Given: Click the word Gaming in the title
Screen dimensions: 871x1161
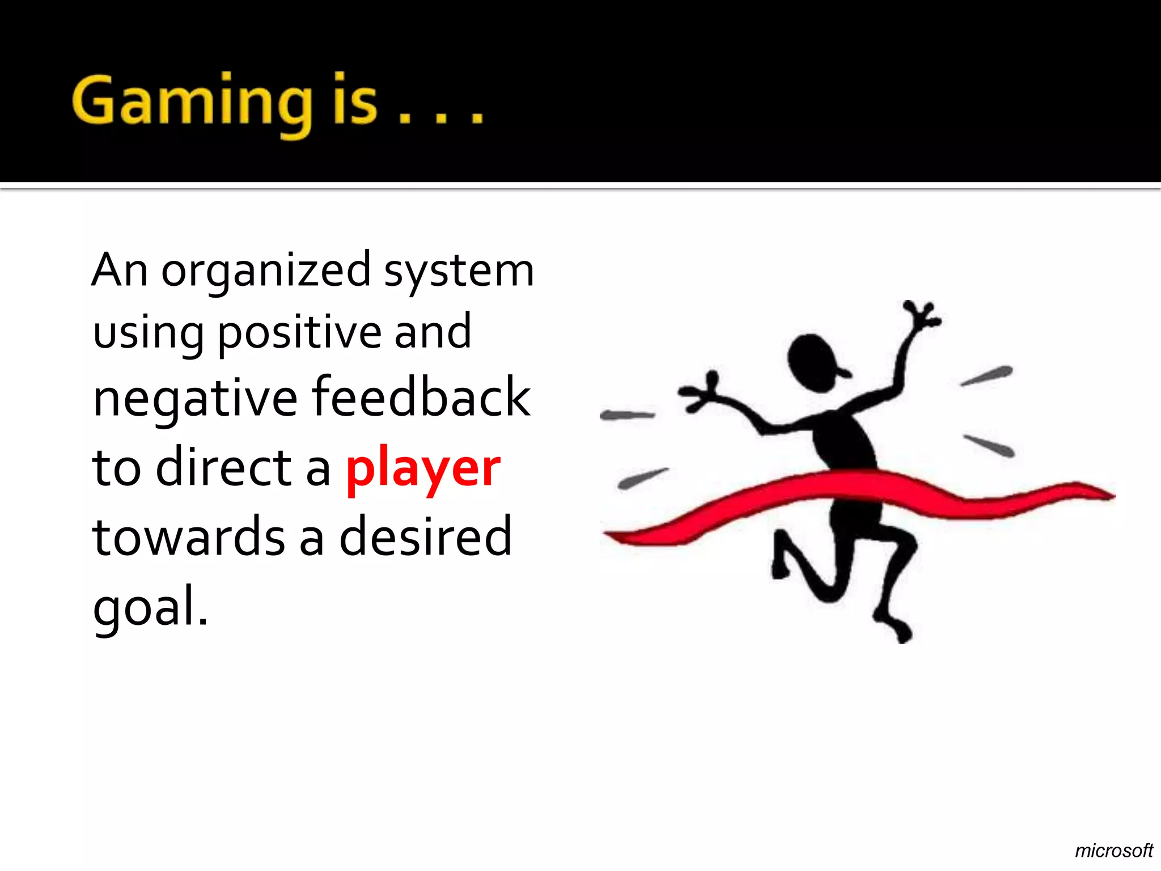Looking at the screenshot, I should tap(192, 102).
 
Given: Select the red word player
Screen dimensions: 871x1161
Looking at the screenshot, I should tap(423, 470).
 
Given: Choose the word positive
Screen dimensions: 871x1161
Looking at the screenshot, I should tap(300, 333).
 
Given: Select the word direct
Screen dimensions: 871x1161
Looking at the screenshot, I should tap(223, 468).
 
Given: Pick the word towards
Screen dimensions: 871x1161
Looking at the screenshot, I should tap(189, 537).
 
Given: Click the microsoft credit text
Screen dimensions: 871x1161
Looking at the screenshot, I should tap(1113, 851).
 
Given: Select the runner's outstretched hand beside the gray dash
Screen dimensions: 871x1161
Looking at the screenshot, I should tap(700, 391).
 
